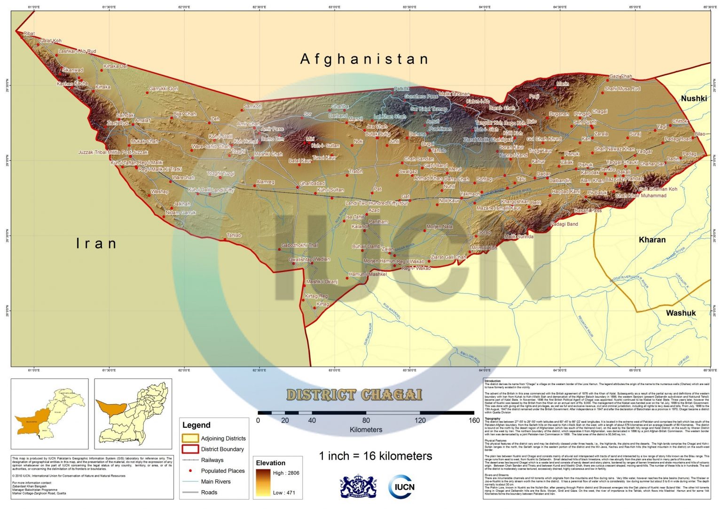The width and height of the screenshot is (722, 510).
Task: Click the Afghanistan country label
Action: (x=364, y=59)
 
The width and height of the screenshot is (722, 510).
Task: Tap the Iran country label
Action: (x=96, y=243)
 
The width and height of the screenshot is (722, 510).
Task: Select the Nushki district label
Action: (x=694, y=98)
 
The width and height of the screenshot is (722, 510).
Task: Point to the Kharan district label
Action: (x=652, y=240)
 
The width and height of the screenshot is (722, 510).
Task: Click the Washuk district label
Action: (x=681, y=313)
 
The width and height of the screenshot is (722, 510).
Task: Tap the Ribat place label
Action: (x=29, y=34)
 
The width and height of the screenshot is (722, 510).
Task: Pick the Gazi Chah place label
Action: (x=620, y=76)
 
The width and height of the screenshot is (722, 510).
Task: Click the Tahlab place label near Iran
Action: (x=234, y=235)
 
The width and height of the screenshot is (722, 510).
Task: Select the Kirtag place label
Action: (x=322, y=304)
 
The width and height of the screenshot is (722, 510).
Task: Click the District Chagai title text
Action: (x=354, y=395)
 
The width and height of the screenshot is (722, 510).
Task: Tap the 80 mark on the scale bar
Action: (x=366, y=420)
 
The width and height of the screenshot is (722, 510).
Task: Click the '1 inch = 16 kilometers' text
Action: (x=375, y=456)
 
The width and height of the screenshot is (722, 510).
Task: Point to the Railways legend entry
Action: (x=212, y=460)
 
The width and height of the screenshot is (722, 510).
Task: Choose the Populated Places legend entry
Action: (x=223, y=471)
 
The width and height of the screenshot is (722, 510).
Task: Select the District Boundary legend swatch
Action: (x=190, y=449)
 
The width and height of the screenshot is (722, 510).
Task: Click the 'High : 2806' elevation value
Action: (x=286, y=473)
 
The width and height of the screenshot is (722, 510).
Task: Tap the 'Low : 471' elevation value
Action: (x=284, y=493)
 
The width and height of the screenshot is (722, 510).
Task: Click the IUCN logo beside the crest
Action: (x=401, y=486)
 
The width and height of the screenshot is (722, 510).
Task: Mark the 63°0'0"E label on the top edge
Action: (x=334, y=8)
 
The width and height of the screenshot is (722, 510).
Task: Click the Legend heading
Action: (x=196, y=425)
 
